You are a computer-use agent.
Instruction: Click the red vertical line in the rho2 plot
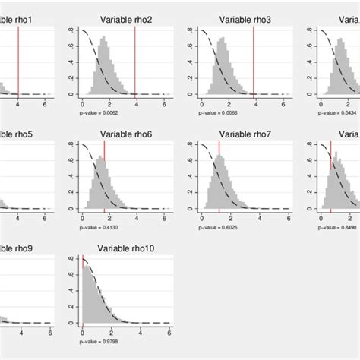click(135, 61)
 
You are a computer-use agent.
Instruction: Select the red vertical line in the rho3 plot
click(254, 61)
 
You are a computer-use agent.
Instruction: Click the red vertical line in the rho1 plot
click(17, 61)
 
